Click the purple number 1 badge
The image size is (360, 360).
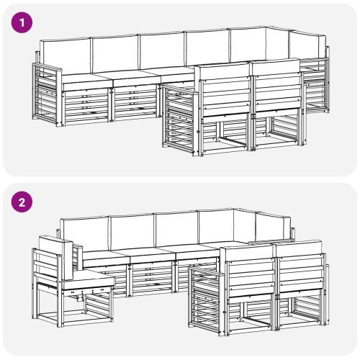coord(22,23)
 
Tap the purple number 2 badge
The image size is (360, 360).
coord(22,202)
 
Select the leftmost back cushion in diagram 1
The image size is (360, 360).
coord(66,56)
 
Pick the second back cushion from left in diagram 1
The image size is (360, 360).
coord(116,53)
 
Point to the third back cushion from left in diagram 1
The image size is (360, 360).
coord(163,51)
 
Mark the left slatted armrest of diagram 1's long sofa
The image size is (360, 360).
coord(47,94)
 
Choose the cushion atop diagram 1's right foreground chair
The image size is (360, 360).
coord(276,66)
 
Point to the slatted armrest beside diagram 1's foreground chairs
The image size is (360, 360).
coord(181,120)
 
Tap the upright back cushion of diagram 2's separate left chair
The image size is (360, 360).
coord(56,257)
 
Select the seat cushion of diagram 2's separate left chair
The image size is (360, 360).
coord(87,279)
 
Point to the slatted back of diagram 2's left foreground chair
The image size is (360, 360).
coord(251,279)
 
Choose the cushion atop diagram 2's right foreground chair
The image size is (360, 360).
coord(299,249)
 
